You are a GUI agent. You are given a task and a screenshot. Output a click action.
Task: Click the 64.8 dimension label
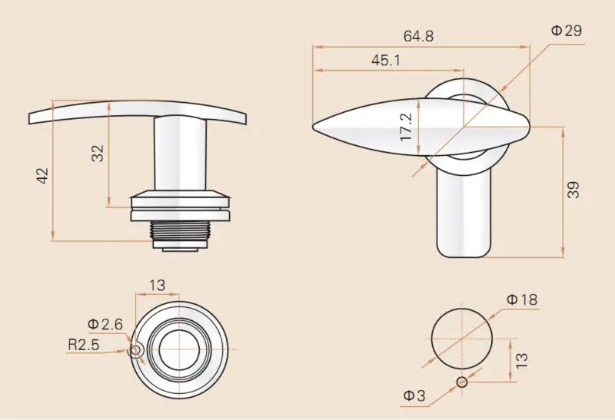click(x=418, y=36)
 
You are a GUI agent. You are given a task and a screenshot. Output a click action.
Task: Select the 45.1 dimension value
click(x=386, y=61)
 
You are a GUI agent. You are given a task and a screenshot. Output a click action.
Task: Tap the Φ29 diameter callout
click(x=567, y=31)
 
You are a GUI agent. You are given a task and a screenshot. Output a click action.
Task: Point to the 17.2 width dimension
click(x=407, y=127)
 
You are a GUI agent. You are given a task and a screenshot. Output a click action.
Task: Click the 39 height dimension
click(x=573, y=190)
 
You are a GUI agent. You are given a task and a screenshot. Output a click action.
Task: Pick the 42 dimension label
click(x=42, y=175)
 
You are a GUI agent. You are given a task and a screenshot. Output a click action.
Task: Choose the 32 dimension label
click(x=98, y=154)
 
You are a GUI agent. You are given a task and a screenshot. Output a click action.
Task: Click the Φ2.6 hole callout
click(x=105, y=324)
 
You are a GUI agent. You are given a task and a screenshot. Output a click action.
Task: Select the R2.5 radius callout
click(x=84, y=345)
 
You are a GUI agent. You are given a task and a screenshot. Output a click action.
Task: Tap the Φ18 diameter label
click(x=522, y=299)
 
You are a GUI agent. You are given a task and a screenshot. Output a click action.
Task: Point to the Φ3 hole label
click(x=414, y=395)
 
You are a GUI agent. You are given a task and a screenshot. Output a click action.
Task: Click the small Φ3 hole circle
click(x=463, y=382)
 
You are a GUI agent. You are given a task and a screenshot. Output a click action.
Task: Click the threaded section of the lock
click(x=180, y=230)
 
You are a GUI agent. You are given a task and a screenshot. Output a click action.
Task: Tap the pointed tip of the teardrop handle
click(x=314, y=127)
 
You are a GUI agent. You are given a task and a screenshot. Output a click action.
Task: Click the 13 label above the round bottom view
click(x=158, y=286)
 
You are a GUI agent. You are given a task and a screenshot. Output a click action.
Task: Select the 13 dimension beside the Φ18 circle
click(x=521, y=360)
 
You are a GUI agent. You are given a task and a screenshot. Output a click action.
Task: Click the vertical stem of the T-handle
click(x=180, y=154)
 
